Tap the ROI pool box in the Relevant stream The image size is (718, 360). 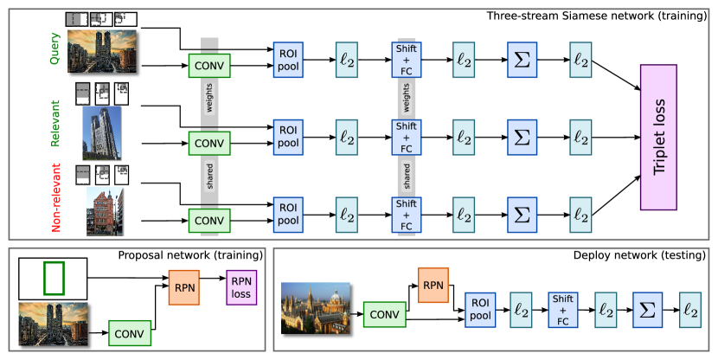point(287,137)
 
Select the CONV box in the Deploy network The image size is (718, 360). point(382,315)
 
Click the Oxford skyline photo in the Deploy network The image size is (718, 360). point(316,309)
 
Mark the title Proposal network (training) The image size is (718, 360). point(190,255)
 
